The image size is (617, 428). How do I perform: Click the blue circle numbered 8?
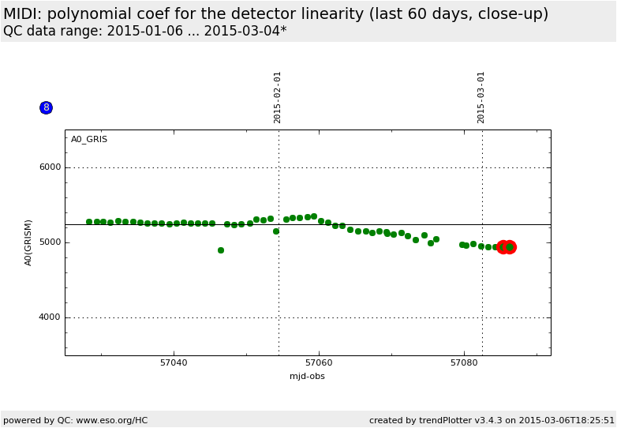click(46, 107)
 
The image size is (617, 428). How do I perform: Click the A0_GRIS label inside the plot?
click(89, 140)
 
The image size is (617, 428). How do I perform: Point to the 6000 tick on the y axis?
click(50, 167)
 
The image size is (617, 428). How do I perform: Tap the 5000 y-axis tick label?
click(50, 242)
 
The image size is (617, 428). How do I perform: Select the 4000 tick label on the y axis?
click(50, 317)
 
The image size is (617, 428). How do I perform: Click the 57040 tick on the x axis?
click(174, 363)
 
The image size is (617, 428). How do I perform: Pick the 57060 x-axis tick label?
click(319, 363)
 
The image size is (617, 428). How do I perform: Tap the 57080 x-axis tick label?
click(464, 363)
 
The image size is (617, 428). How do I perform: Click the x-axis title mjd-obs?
click(307, 377)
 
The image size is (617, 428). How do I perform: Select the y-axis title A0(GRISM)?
click(28, 242)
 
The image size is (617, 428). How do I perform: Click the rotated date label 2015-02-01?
click(278, 97)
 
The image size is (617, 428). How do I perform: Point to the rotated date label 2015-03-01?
click(481, 97)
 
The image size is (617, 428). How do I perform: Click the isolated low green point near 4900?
click(221, 250)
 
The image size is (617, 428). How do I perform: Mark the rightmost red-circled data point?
click(510, 247)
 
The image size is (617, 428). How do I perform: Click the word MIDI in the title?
click(22, 14)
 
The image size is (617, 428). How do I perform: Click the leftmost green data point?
click(89, 222)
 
